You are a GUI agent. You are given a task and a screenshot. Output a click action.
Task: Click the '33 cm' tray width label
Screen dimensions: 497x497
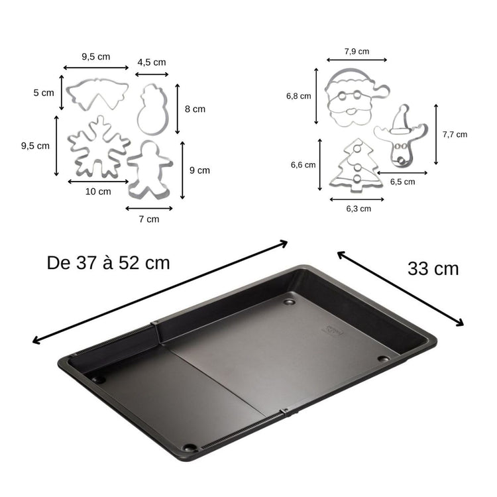coord(433,268)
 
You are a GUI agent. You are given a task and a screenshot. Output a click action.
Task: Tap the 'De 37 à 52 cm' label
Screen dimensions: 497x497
coord(109,262)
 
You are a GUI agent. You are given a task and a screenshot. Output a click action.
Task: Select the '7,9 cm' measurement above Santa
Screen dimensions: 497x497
coord(357,51)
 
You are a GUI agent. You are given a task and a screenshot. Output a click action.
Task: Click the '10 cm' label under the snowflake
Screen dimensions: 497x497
coord(98,192)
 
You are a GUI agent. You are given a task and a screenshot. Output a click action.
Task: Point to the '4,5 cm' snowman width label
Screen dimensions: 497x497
coord(152,62)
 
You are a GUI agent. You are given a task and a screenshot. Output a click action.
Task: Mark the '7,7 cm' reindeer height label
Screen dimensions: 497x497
coord(455,134)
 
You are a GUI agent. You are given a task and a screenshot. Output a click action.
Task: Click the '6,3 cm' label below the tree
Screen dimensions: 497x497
coord(359,208)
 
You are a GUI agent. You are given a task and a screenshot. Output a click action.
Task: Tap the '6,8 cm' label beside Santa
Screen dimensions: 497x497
coord(298,96)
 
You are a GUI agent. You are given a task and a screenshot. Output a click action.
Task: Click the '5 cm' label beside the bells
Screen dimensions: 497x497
coord(43,93)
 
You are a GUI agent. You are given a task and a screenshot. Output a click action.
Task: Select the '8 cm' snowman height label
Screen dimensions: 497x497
coord(195,109)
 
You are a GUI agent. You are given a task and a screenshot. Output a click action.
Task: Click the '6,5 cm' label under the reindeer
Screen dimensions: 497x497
coord(402,181)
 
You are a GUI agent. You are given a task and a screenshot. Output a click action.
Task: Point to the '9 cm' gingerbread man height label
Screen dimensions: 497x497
coord(199,170)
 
